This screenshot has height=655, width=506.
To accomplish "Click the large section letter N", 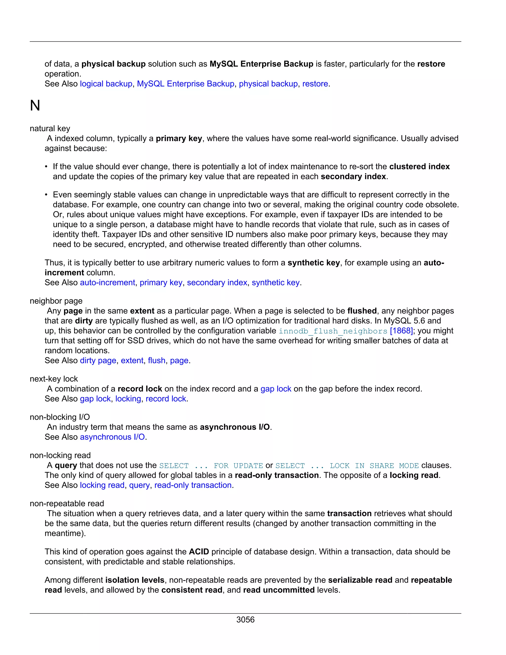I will coord(35,106).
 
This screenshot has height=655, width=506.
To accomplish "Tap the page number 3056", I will coord(245,619).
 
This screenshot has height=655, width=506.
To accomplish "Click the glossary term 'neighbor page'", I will coord(56,301).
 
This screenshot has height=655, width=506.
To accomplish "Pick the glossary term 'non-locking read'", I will coord(60,455).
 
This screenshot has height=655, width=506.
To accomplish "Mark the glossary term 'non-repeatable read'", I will coord(67,503).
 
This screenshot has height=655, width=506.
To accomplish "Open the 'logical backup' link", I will coord(106,84).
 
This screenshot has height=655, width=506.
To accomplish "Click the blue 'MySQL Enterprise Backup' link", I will coord(186,84).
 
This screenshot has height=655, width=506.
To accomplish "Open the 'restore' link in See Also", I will coord(315,84).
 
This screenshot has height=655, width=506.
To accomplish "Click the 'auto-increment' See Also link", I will coord(107,283).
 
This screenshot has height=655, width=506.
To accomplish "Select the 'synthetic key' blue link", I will coord(275,283).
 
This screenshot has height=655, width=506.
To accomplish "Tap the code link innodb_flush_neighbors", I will coord(333,331).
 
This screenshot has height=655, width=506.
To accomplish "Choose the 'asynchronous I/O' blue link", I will coord(112,437).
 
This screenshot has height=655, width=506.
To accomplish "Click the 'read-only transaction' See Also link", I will coord(193,485).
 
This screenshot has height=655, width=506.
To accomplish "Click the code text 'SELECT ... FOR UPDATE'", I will coord(211,465).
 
